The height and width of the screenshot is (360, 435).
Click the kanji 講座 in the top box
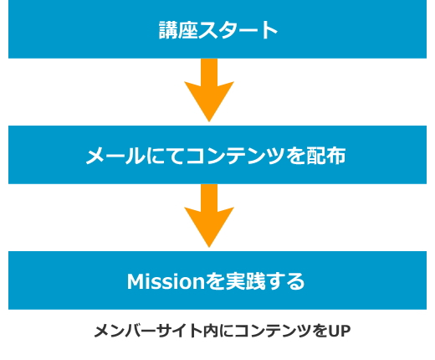point(178,29)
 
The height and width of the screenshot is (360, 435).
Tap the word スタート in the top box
point(238,29)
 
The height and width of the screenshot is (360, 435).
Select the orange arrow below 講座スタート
point(209,90)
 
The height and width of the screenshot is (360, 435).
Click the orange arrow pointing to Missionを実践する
point(209,215)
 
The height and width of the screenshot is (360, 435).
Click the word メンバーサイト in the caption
point(148,331)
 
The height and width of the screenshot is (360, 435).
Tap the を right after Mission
point(215,281)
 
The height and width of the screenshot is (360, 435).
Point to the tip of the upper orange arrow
point(209,121)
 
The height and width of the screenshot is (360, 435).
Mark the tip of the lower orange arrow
point(209,247)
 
